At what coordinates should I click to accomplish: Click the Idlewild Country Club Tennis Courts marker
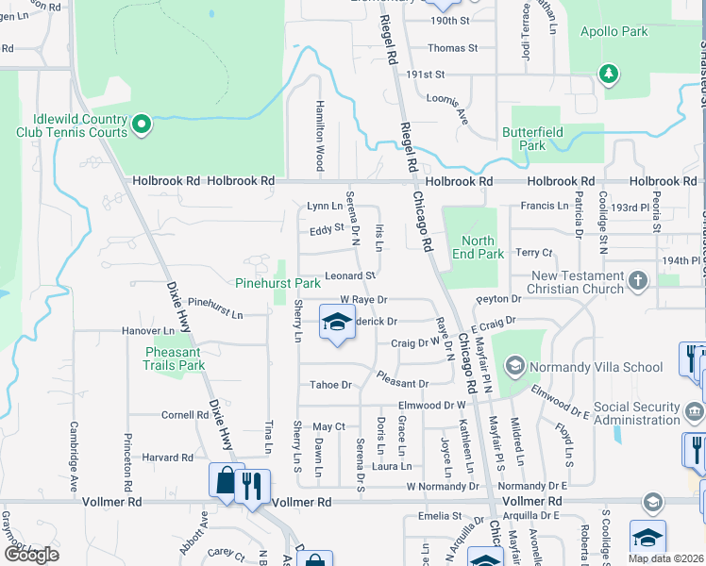coord(142,124)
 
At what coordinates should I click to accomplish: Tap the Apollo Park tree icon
coord(609,73)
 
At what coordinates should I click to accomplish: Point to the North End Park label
coord(477,247)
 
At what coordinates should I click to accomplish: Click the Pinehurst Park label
coord(278,283)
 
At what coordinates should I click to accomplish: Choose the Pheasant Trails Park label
coord(174,358)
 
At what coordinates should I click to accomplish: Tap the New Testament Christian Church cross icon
coord(639,280)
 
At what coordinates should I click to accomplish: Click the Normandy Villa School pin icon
coord(514,364)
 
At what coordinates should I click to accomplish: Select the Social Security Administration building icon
coord(694,411)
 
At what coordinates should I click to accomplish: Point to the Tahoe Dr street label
coord(330,385)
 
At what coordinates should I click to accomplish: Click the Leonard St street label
coord(350,276)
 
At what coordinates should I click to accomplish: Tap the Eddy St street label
coord(325,229)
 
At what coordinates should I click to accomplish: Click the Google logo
coord(31,555)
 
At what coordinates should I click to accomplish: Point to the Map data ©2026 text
coord(665,558)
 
